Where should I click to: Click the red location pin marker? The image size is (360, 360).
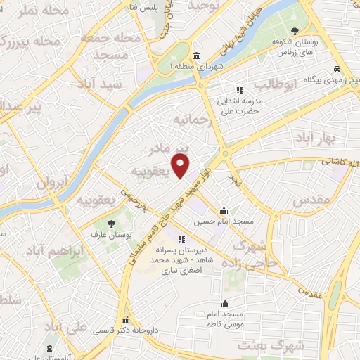pyautogui.click(x=181, y=166)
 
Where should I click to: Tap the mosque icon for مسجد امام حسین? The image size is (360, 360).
pyautogui.click(x=224, y=210)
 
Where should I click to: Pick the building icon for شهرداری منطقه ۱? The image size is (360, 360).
pyautogui.click(x=195, y=56)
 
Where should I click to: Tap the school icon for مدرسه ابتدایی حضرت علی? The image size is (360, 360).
pyautogui.click(x=239, y=90)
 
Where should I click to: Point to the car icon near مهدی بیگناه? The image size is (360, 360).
pyautogui.click(x=337, y=69)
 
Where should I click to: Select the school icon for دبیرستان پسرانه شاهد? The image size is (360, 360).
pyautogui.click(x=181, y=239)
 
